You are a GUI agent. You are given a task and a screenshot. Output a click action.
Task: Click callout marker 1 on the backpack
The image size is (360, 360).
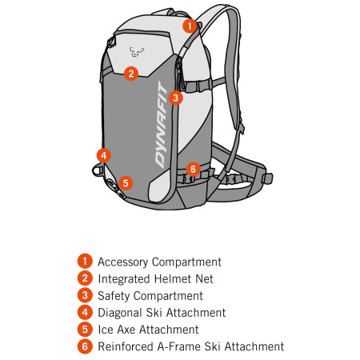click(x=189, y=25)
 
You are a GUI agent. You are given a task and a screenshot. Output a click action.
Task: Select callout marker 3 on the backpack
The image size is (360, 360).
click(x=177, y=98)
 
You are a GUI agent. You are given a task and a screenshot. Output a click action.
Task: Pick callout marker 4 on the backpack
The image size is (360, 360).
click(x=103, y=154)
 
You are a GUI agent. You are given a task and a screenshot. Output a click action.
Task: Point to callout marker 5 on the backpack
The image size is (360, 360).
click(x=124, y=182)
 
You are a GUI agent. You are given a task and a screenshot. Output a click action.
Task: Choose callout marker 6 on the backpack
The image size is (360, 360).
click(x=192, y=168)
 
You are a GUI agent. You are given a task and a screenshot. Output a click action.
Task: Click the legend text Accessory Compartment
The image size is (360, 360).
click(x=159, y=262)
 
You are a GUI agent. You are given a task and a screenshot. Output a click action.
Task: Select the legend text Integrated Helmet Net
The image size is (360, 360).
click(x=155, y=278)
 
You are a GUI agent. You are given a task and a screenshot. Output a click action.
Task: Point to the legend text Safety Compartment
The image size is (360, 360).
click(x=150, y=295)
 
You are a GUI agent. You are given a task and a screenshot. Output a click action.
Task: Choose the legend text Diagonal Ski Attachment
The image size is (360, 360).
click(x=162, y=313)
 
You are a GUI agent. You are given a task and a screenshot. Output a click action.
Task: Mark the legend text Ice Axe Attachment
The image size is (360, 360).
click(x=148, y=330)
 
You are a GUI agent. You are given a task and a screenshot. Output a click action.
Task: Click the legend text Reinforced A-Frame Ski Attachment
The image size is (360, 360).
click(x=190, y=346)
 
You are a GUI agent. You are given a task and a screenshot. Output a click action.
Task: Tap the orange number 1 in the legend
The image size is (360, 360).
click(x=84, y=262)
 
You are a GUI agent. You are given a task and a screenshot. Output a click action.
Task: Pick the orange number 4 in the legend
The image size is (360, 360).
click(x=84, y=313)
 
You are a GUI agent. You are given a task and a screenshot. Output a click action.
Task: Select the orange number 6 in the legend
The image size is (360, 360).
click(x=84, y=346)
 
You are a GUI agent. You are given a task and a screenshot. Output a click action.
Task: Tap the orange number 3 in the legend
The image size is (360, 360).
click(x=84, y=295)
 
